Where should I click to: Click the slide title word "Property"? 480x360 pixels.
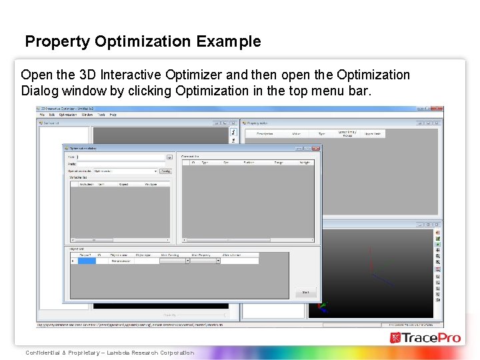58,41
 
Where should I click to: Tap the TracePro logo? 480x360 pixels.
425,337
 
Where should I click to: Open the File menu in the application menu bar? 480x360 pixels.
42,115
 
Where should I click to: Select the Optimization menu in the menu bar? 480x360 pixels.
67,115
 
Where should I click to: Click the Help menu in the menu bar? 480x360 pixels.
113,115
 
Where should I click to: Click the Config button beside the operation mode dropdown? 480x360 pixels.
165,171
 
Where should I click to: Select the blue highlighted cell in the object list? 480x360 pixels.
87,261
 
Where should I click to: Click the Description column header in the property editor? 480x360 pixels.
265,133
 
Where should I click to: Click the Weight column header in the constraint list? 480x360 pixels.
305,162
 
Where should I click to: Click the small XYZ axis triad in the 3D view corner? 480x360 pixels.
324,307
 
